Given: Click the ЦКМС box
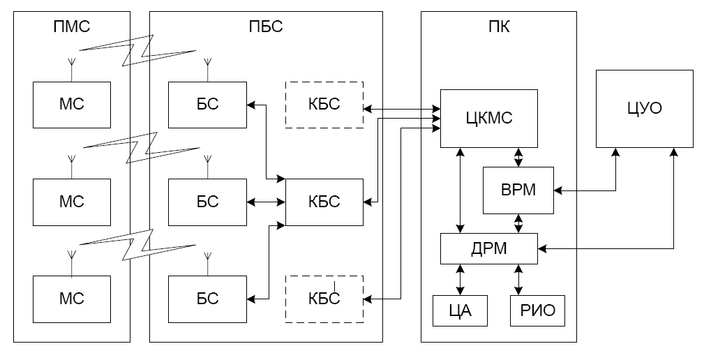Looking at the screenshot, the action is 489,119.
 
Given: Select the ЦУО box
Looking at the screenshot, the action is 644,109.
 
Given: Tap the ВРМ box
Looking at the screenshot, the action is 518,190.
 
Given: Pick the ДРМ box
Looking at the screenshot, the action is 489,248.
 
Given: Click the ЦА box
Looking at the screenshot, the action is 461,311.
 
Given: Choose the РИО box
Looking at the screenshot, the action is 538,311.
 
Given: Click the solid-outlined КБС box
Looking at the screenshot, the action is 324,202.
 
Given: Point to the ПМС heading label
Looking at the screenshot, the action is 72,27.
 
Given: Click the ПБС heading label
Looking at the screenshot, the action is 266,27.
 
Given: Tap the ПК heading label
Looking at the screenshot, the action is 499,27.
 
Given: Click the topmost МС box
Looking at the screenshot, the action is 72,105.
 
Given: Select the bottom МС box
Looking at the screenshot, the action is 72,299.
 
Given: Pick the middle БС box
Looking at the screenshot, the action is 208,202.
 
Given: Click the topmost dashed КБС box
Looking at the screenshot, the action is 324,105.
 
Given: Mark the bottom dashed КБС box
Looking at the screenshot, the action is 324,299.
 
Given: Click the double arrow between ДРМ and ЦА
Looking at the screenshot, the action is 461,280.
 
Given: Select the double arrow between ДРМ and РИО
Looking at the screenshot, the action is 518,280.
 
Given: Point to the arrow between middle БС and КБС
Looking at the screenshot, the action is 266,202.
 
